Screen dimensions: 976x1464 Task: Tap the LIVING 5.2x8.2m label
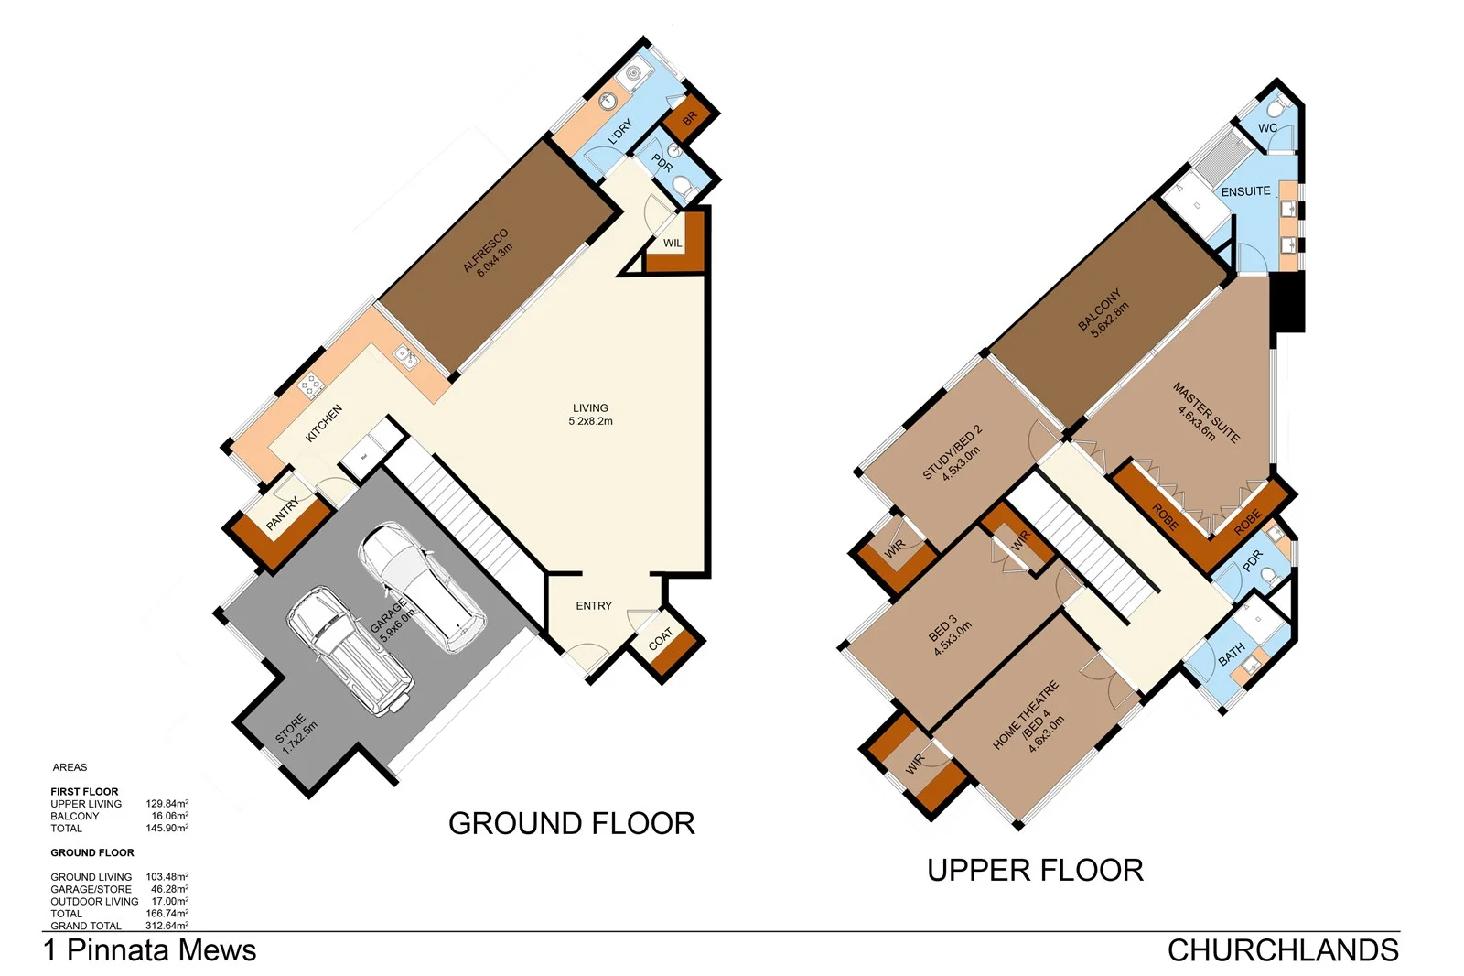pyautogui.click(x=590, y=415)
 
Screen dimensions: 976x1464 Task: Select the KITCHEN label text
pyautogui.click(x=323, y=423)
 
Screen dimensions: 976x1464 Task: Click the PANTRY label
pyautogui.click(x=283, y=514)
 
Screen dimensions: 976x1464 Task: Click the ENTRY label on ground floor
pyautogui.click(x=594, y=606)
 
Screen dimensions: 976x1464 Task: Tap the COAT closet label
pyautogui.click(x=661, y=638)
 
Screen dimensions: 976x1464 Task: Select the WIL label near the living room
pyautogui.click(x=673, y=244)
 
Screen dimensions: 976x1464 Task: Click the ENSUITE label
pyautogui.click(x=1245, y=191)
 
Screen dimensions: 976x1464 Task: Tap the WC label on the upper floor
pyautogui.click(x=1267, y=128)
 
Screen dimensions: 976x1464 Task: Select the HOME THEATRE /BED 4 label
pyautogui.click(x=1029, y=718)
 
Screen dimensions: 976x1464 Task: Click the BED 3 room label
pyautogui.click(x=948, y=634)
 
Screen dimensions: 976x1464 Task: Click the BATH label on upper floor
pyautogui.click(x=1231, y=654)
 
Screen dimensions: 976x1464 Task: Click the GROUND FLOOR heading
pyautogui.click(x=571, y=823)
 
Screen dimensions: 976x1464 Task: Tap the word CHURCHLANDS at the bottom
pyautogui.click(x=1282, y=950)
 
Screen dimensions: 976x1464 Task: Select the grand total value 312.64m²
pyautogui.click(x=167, y=926)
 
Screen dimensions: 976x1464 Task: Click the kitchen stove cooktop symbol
pyautogui.click(x=311, y=385)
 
